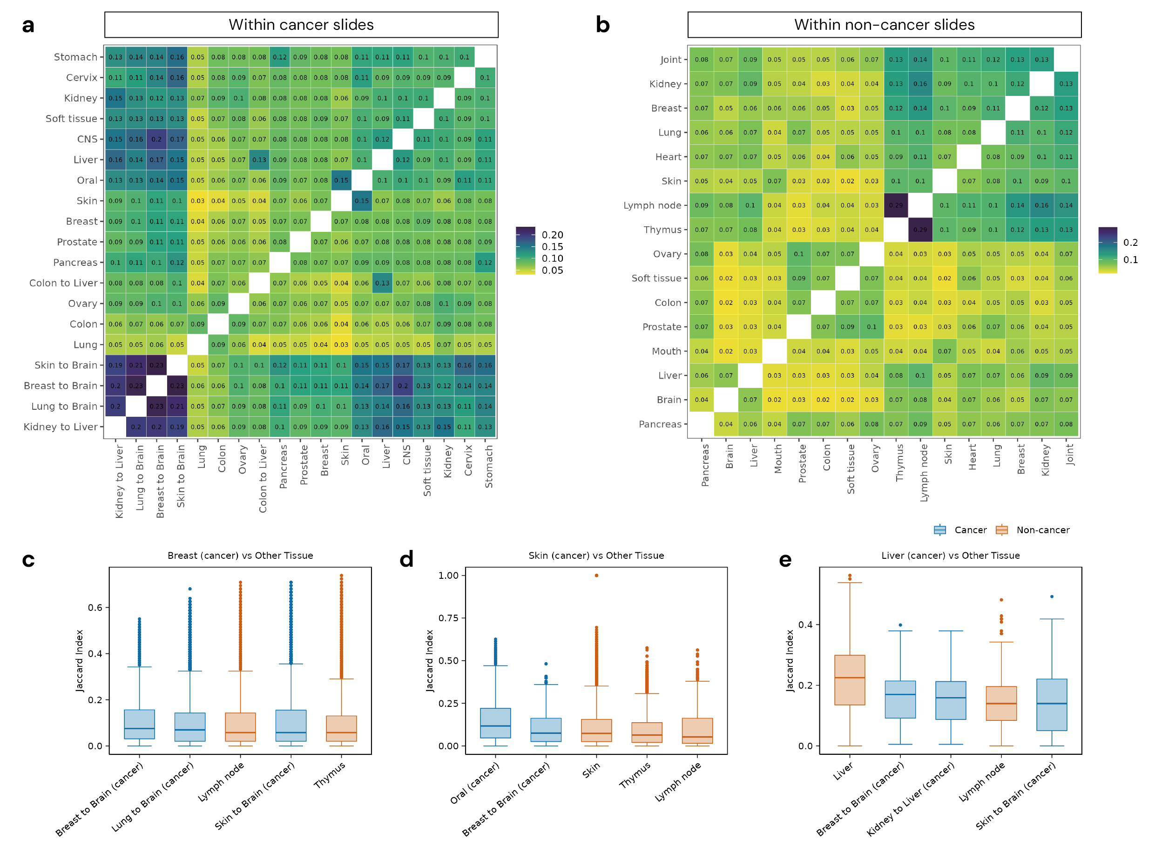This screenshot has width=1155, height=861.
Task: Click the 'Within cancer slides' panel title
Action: [x=301, y=25]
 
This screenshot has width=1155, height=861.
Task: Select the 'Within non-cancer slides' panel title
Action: [x=884, y=25]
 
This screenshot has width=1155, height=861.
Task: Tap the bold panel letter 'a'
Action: [x=28, y=25]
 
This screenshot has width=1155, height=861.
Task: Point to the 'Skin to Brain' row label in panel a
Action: [x=66, y=366]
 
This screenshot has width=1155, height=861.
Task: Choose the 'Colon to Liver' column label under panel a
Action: [x=263, y=478]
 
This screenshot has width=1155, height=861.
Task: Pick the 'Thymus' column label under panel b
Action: [x=900, y=463]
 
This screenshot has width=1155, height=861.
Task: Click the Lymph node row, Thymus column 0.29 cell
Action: [x=896, y=205]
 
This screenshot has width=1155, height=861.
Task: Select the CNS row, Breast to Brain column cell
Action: [x=156, y=139]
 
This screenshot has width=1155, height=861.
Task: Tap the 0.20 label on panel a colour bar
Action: [x=552, y=235]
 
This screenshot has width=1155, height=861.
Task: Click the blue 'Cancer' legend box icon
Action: [x=939, y=530]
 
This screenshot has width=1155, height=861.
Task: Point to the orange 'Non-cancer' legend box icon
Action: [x=1001, y=530]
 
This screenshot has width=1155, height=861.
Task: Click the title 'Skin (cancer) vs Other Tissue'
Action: [x=596, y=556]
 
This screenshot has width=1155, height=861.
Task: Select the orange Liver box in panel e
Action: [x=849, y=680]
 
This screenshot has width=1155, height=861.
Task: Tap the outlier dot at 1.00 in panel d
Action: [x=596, y=576]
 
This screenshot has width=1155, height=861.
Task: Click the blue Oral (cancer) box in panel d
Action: [x=495, y=723]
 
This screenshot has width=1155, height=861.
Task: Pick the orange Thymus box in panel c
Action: [x=341, y=728]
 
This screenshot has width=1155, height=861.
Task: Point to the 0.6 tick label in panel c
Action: [x=95, y=608]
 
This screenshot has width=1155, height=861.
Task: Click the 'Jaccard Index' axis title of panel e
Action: [x=790, y=661]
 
